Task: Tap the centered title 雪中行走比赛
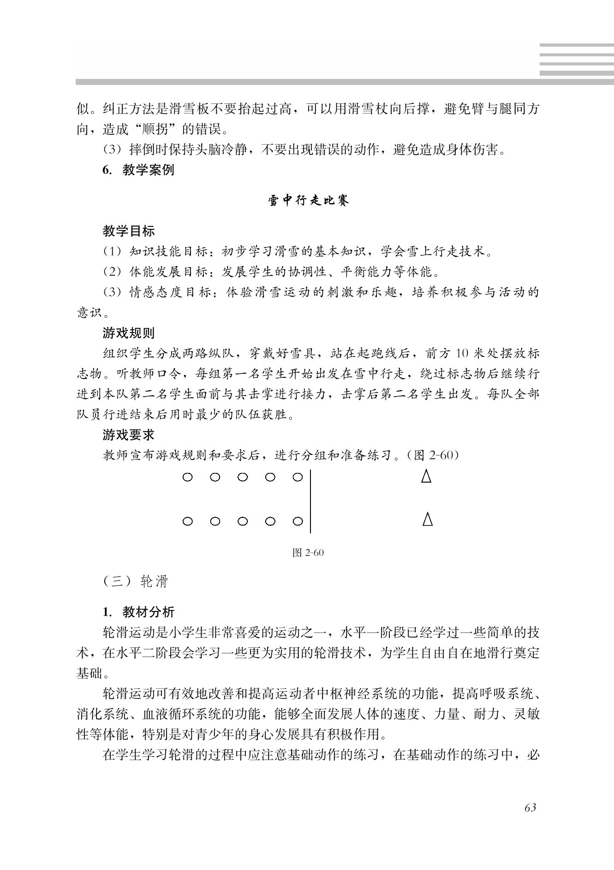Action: [x=309, y=200]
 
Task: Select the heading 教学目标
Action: [x=129, y=231]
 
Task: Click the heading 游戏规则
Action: [x=129, y=333]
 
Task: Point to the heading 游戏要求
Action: [x=129, y=435]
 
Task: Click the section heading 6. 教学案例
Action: [x=138, y=170]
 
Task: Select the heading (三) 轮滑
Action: [x=135, y=581]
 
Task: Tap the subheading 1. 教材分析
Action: [x=138, y=612]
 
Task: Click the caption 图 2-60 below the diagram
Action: [x=308, y=553]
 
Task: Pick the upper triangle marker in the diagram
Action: [x=426, y=476]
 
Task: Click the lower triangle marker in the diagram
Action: [x=428, y=519]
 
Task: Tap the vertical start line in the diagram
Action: [x=310, y=501]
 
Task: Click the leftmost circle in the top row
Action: [x=187, y=477]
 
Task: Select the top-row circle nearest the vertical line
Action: [x=298, y=477]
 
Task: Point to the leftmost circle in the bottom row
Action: [x=187, y=521]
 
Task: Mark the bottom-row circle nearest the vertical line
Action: [x=298, y=521]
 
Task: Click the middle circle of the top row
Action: [x=243, y=477]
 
